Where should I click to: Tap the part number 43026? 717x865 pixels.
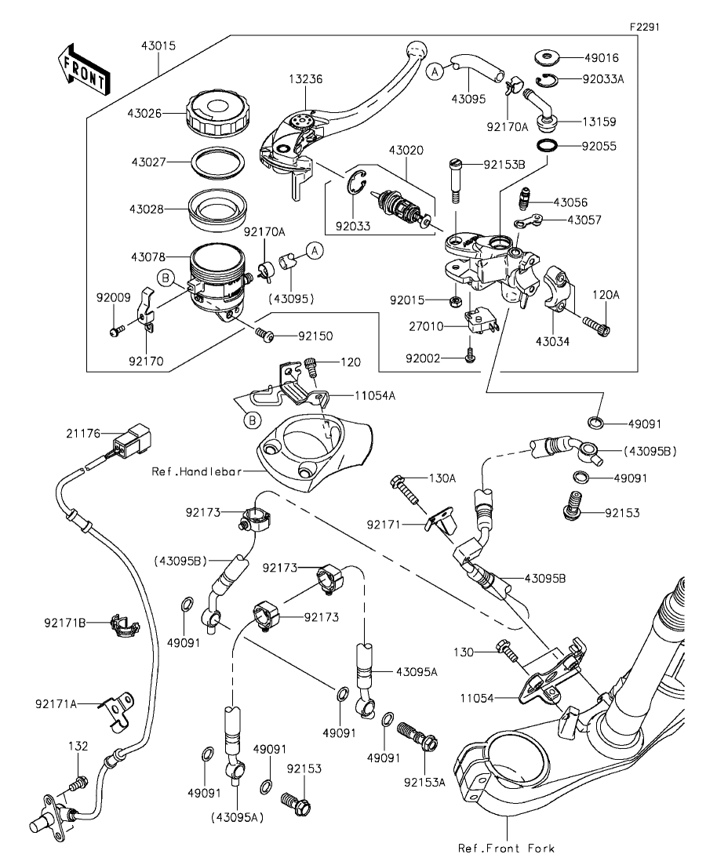[145, 113]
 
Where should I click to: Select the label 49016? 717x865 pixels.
[602, 57]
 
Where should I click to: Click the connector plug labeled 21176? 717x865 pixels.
[133, 442]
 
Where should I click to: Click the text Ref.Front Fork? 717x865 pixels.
[507, 849]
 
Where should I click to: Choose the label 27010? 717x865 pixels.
[433, 325]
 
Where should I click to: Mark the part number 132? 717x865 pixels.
[78, 746]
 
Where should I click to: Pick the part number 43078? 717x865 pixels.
[145, 257]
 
